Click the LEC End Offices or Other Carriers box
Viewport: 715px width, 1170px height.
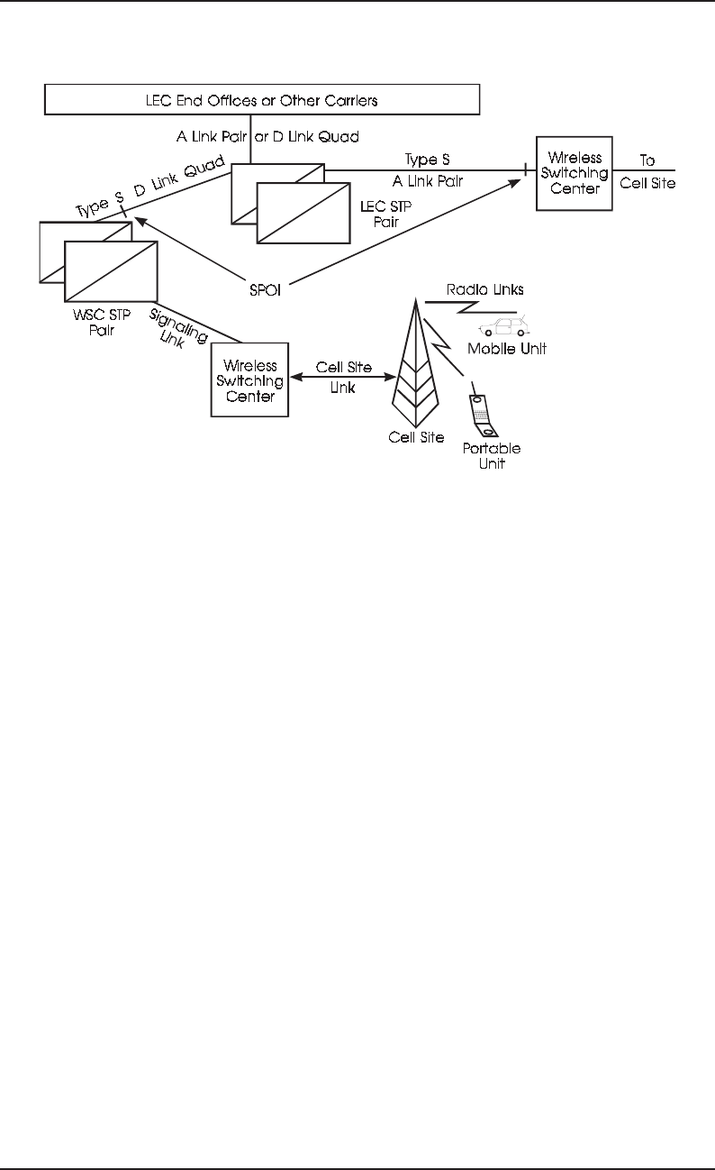(x=262, y=98)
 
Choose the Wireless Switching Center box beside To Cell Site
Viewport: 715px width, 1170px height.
(x=574, y=173)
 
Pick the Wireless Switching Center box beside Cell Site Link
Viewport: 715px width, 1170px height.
(x=249, y=379)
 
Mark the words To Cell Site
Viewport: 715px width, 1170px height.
(x=647, y=173)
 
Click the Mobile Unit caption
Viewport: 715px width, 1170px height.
(x=507, y=349)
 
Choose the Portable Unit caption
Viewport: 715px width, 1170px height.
(x=492, y=456)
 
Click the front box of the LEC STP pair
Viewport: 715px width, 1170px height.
(x=303, y=213)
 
